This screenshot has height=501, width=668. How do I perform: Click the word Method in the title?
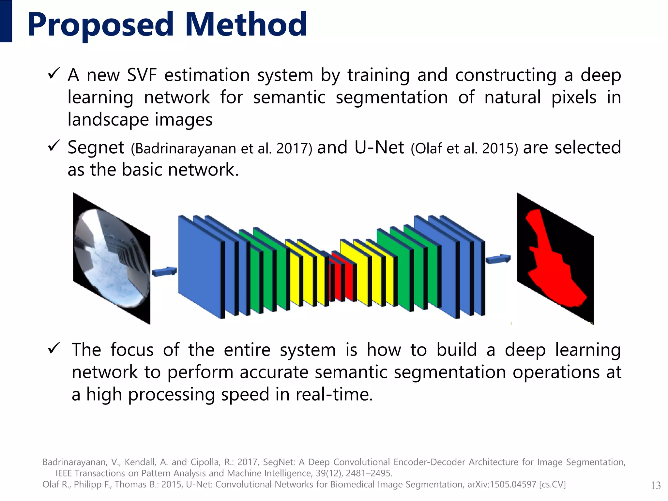[246, 24]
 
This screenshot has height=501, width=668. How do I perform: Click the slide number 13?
[656, 485]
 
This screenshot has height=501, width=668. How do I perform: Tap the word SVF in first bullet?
[142, 75]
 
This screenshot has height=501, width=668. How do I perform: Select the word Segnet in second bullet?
[96, 147]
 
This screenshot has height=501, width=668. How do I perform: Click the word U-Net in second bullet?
[379, 147]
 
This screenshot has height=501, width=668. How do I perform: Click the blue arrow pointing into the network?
[164, 271]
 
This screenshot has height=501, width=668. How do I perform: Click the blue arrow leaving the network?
[498, 259]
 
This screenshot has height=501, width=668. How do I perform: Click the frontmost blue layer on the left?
[200, 266]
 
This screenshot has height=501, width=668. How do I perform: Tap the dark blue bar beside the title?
[6, 21]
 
